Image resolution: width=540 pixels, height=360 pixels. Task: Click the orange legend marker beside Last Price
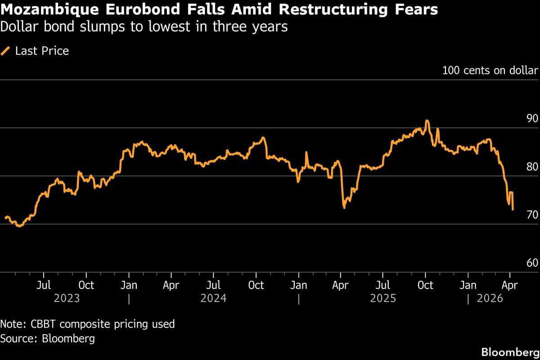pos(6,51)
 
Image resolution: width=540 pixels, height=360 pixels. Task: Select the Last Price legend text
pos(42,51)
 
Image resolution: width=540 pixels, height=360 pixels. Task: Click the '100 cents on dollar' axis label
pos(490,71)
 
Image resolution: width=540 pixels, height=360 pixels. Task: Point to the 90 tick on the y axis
pos(532,119)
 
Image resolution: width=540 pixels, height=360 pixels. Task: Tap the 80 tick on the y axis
pos(532,167)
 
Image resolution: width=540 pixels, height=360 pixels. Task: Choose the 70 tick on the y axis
pos(532,215)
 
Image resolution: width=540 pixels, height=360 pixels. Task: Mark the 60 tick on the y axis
pos(532,263)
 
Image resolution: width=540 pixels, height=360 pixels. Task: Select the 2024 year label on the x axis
pos(214,298)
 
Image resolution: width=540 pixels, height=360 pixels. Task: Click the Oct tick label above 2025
pos(425,285)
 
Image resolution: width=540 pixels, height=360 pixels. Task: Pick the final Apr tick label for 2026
pos(510,285)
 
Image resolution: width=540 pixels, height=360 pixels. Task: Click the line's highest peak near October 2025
pos(427,121)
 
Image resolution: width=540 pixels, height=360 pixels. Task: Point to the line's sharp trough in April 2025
pos(344,207)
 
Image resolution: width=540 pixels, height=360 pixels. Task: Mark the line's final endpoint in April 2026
pos(513,209)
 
